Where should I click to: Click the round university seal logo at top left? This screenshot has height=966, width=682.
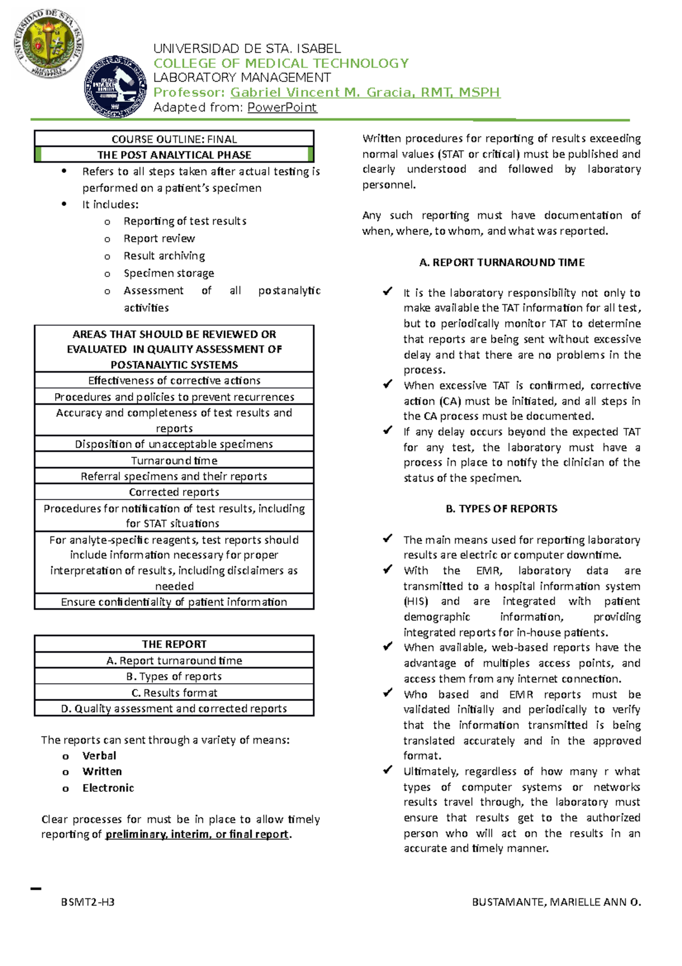coord(49,44)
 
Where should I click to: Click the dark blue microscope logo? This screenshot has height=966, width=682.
coord(115,86)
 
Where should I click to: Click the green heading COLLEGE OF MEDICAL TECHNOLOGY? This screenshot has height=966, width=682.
coord(281,63)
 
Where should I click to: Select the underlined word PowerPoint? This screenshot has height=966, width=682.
coord(282,107)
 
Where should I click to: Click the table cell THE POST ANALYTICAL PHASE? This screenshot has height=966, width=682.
coord(174,155)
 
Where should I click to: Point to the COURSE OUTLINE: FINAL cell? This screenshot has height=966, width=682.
coord(174,139)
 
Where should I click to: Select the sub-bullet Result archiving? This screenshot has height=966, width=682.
coord(164,255)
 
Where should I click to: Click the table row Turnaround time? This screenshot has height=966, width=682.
coord(174,460)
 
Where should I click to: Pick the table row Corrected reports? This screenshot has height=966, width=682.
coord(174,492)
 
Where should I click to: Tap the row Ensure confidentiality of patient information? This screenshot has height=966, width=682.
coord(174,601)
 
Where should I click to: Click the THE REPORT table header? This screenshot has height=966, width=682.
coord(174,644)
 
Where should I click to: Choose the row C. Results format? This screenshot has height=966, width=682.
coord(174,692)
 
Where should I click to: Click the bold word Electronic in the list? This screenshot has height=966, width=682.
coord(108,787)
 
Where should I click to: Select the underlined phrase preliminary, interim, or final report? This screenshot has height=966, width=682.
coord(197,834)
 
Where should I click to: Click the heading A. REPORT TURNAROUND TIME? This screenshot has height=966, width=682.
coord(501,262)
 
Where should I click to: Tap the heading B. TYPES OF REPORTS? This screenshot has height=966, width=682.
coord(501,509)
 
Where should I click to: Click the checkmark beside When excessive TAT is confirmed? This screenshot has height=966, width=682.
coord(388,385)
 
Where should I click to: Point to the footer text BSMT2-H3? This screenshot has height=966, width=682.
coord(88,902)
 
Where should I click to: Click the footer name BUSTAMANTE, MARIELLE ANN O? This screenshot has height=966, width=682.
coord(556,902)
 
